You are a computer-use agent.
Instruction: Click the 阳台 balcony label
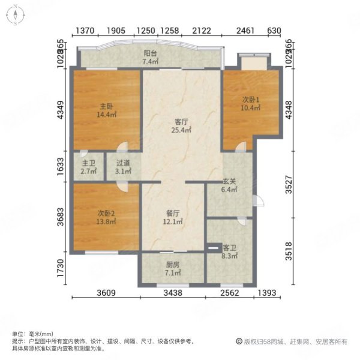tap(150, 53)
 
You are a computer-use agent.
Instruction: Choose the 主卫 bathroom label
tap(89, 161)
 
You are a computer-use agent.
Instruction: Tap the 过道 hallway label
tap(123, 161)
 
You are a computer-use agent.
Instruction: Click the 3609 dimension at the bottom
tap(106, 293)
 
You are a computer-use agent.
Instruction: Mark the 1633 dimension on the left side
tap(60, 166)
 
